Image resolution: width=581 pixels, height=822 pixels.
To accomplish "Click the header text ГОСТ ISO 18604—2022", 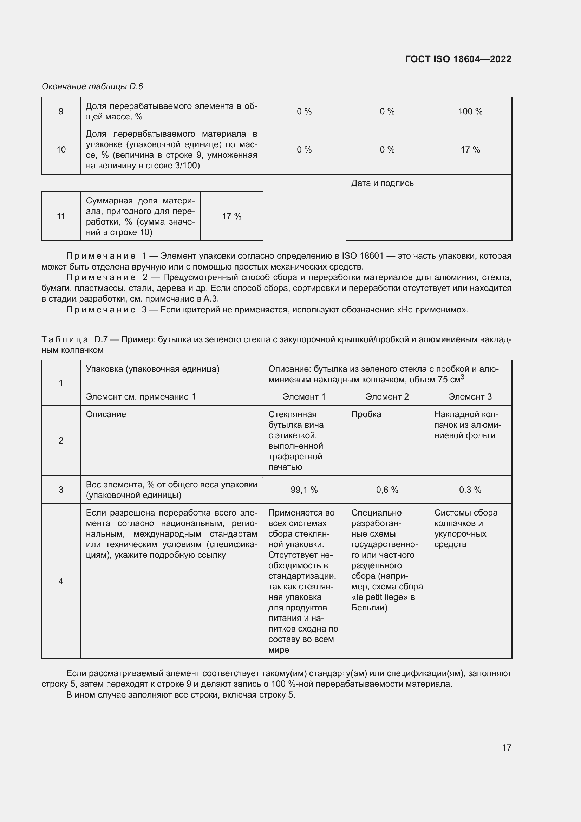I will pos(458,59).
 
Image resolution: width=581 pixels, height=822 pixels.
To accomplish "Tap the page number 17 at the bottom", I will pos(507,747).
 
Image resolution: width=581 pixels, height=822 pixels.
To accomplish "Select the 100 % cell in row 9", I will pos(470,111).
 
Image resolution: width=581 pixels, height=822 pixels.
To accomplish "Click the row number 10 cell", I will pos(61,150).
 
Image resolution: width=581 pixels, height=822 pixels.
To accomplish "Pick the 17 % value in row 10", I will pos(470,150).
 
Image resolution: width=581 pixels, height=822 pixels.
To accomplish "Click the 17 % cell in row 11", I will pos(231,216).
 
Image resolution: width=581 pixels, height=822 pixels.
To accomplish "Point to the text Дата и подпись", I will pos(382,183).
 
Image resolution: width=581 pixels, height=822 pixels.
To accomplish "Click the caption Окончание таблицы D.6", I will pos(92,86).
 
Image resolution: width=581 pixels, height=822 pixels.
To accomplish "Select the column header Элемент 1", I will pos(304,397).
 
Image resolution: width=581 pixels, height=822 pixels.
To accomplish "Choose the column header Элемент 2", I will pos(387,397).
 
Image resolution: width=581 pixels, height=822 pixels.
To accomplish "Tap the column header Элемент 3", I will pos(470,397).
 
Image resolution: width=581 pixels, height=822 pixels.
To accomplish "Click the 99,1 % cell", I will pos(304,490).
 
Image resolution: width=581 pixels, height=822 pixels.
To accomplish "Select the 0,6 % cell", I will pos(387,490).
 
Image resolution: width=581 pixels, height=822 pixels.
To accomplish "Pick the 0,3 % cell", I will pos(470,490).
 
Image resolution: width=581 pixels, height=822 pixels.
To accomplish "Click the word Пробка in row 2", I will pos(366,414).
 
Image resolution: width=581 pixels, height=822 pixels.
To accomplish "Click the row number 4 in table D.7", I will pos(61,581).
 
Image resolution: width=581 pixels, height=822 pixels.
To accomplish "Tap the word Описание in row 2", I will pos(106,414).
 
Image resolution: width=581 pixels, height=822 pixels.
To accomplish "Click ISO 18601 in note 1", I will pos(363,256).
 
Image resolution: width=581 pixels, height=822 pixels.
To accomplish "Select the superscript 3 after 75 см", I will pos(463,377).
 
